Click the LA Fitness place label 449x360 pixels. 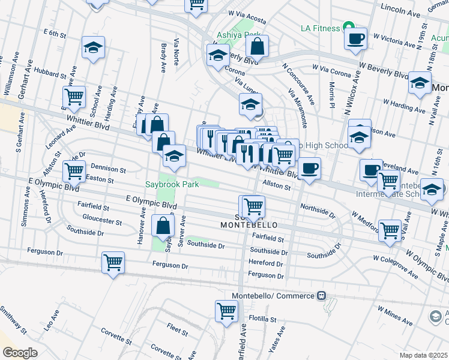tap(320, 28)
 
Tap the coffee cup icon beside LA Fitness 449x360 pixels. tap(355, 38)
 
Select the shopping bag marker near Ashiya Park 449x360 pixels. tap(256, 46)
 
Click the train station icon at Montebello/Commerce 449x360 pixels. tap(322, 296)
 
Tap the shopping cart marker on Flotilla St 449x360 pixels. tap(227, 311)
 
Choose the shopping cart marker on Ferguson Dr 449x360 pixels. tap(113, 262)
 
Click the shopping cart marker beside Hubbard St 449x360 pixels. tap(74, 97)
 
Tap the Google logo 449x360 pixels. tap(20, 353)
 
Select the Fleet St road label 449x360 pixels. tap(178, 329)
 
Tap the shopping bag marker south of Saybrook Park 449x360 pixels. tap(163, 226)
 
